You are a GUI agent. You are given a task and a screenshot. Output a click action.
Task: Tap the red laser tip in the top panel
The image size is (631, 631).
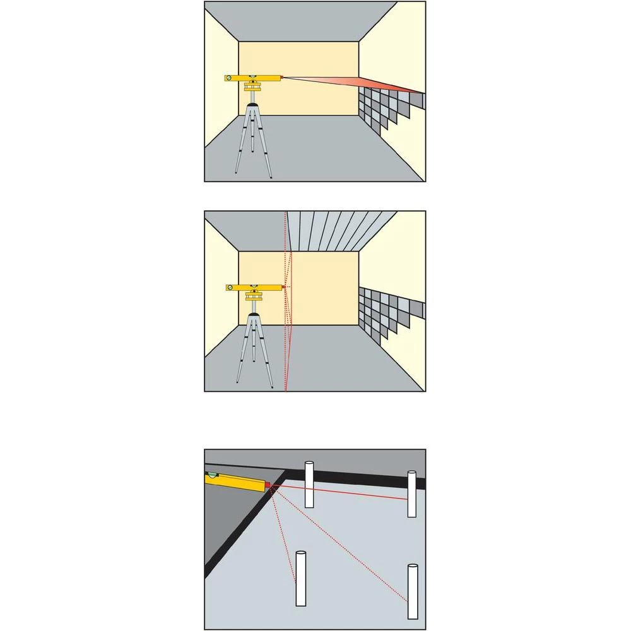(281, 78)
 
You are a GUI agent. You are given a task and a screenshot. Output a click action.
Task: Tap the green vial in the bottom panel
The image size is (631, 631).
(213, 474)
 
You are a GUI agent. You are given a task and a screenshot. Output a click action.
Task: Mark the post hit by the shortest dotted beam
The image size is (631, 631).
(301, 578)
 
